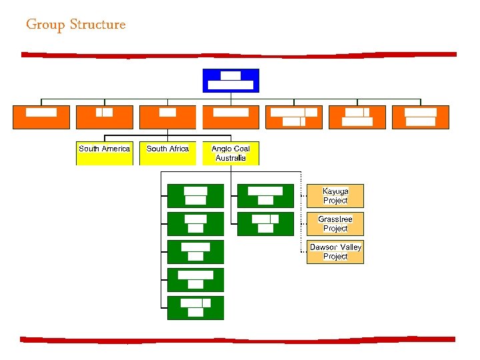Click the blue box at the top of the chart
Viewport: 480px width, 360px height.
coord(230,80)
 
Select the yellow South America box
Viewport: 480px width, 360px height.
coord(104,153)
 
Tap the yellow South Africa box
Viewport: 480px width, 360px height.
coord(167,153)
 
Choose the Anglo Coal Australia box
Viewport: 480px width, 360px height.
coord(231,153)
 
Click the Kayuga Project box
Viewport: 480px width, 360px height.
coord(335,196)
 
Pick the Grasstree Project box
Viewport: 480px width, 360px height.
coord(335,224)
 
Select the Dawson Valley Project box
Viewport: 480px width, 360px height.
coord(335,252)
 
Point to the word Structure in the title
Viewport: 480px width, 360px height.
coord(97,25)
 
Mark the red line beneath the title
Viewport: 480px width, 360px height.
coord(239,55)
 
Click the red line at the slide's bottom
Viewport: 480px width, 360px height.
coord(239,339)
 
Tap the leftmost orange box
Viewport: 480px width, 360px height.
coord(41,117)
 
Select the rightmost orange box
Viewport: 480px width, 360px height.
coord(421,117)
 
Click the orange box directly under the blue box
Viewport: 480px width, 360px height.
coord(231,117)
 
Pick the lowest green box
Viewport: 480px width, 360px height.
coord(195,308)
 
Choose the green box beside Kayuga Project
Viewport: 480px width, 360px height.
coord(265,196)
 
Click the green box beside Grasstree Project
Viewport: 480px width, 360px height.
coord(265,224)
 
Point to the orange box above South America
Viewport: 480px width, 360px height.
coord(104,117)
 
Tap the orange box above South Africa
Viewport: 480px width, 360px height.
coord(167,117)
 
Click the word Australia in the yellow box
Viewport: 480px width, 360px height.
coord(231,159)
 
